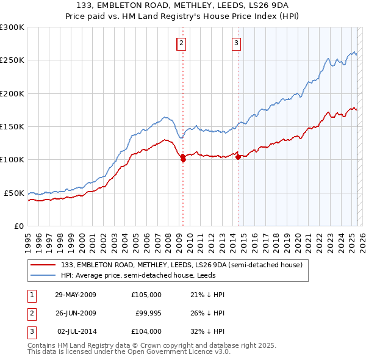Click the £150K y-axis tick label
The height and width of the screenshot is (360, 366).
[x=12, y=127]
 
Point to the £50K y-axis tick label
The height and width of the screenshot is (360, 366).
[x=14, y=193]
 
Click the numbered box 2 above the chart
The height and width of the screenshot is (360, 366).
[x=182, y=43]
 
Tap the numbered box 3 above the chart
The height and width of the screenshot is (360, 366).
[x=236, y=43]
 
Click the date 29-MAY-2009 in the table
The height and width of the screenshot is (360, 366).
[x=76, y=295]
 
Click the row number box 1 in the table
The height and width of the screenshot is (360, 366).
[x=31, y=295]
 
